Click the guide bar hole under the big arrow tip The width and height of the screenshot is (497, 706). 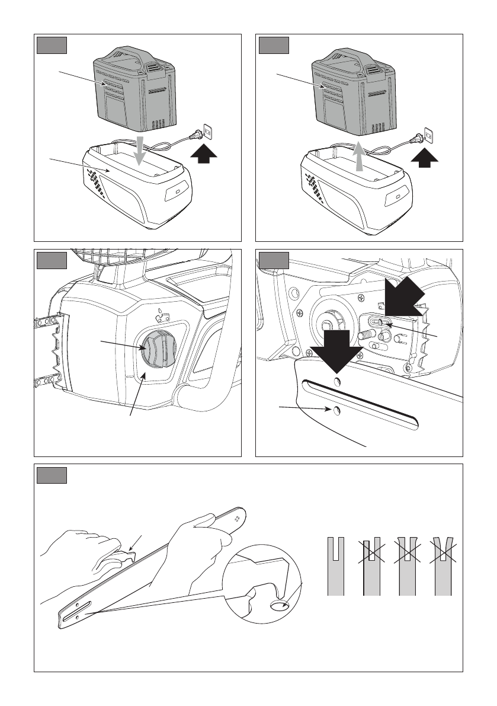pyautogui.click(x=337, y=380)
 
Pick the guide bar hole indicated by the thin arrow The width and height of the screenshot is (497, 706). pyautogui.click(x=336, y=410)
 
